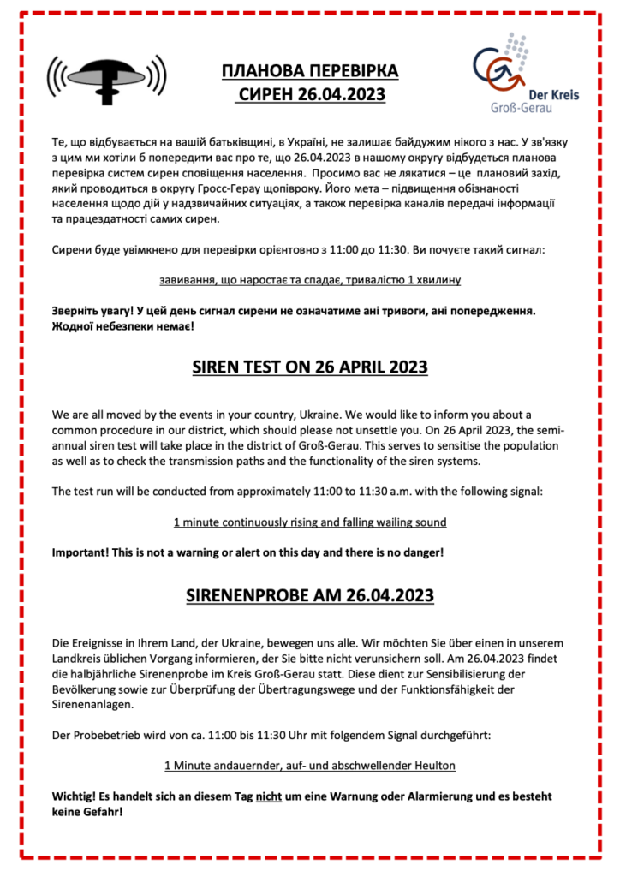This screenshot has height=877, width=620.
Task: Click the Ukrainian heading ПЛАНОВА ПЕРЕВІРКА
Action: [310, 70]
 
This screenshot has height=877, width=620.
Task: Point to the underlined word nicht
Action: [269, 796]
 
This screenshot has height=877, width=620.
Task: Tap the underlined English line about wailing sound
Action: [309, 522]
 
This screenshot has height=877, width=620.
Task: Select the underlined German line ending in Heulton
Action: [309, 766]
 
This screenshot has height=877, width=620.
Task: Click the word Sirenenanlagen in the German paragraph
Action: [93, 704]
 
